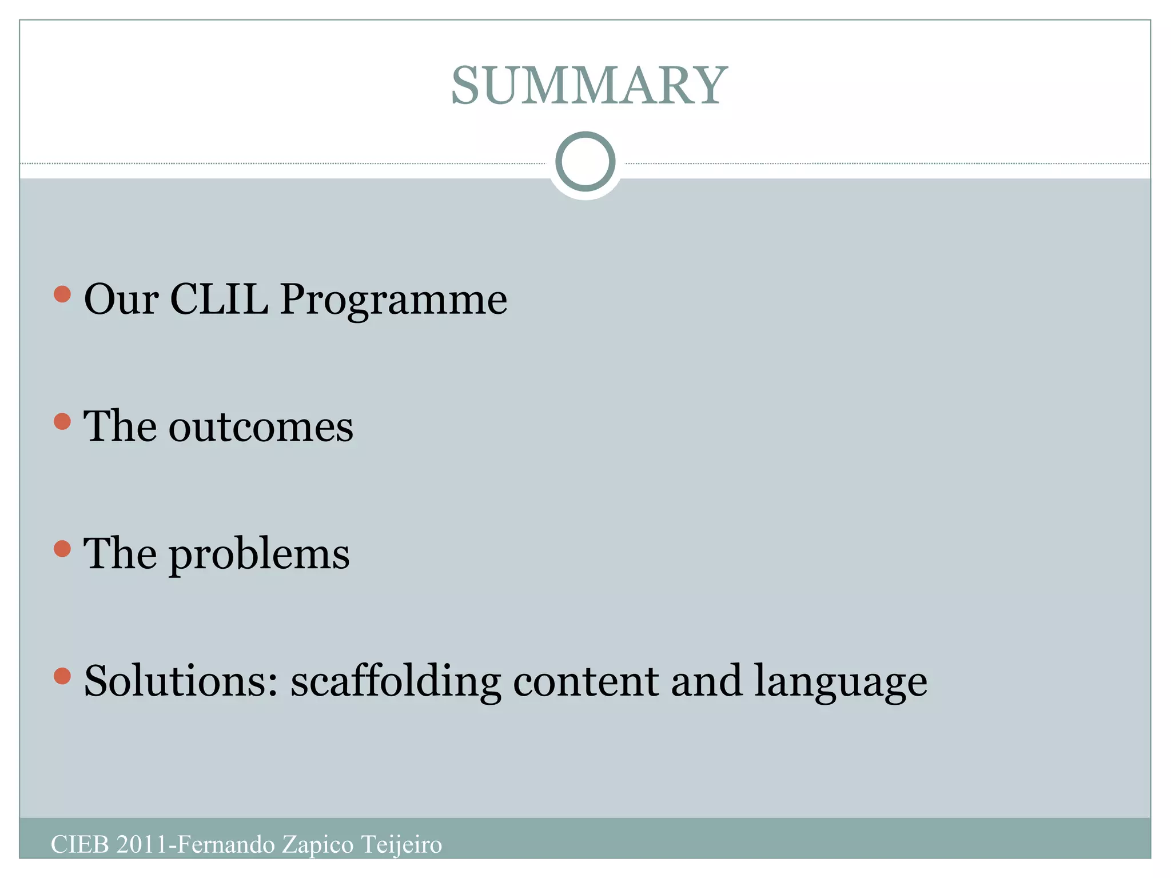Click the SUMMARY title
[x=589, y=86]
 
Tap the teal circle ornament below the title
[x=585, y=161]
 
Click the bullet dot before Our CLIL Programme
[x=62, y=295]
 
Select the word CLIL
[x=218, y=298]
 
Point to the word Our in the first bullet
[x=121, y=300]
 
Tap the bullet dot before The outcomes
[x=62, y=422]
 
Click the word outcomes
[x=261, y=427]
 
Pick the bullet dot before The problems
[x=62, y=549]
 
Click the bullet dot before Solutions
[x=62, y=676]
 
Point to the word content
[x=585, y=681]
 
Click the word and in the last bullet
[x=707, y=681]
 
